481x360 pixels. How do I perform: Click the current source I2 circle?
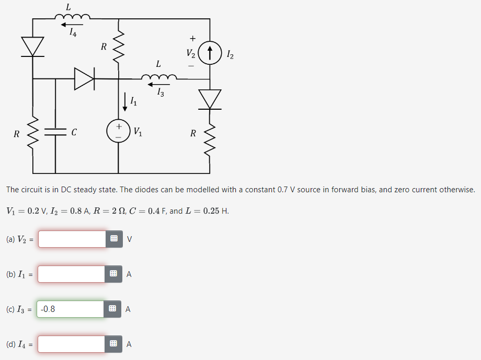tap(210, 53)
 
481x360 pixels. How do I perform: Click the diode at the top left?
tap(32, 47)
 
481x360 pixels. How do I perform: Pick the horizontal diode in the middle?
tap(84, 79)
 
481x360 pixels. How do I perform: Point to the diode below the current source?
tap(210, 99)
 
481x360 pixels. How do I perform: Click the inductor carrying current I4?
tap(73, 17)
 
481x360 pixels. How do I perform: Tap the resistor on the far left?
tap(32, 133)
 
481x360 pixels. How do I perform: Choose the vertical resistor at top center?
tap(119, 47)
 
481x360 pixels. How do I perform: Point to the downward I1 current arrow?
tap(125, 101)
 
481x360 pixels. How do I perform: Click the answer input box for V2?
tap(72, 239)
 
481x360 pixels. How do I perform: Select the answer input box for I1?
tap(72, 274)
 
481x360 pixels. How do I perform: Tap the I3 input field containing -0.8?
tap(71, 309)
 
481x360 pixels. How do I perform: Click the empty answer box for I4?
tap(72, 344)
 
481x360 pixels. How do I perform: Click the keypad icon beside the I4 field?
tap(113, 344)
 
